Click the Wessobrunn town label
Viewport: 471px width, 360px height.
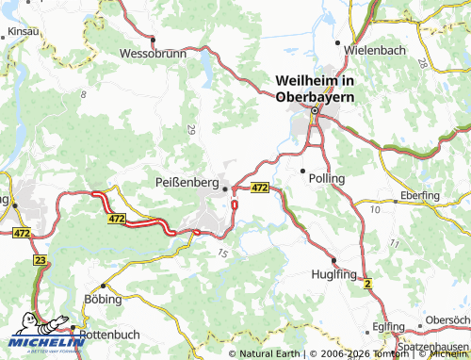click(152, 53)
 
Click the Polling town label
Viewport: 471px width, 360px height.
click(326, 177)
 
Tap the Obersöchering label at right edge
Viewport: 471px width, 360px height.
click(448, 320)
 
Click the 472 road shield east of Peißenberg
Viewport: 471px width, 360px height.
click(261, 188)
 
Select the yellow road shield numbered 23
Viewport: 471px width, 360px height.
click(40, 260)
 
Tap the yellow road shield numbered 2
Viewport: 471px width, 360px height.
click(368, 283)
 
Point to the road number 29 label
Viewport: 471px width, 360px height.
click(192, 129)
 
